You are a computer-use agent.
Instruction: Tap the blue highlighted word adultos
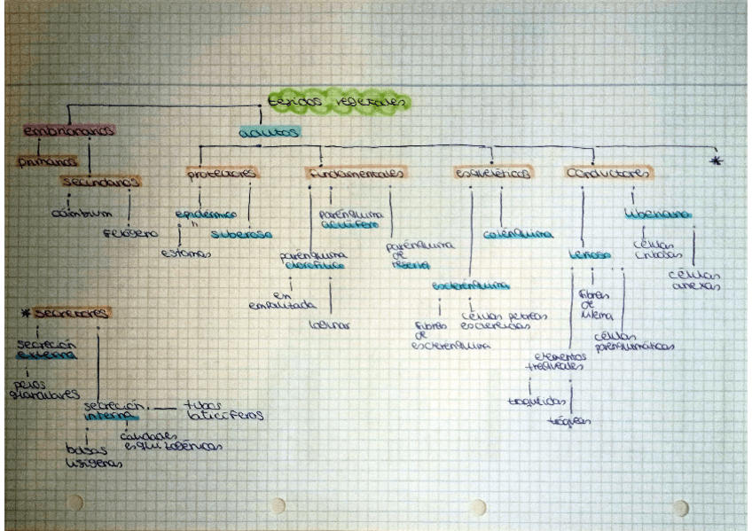click(x=270, y=132)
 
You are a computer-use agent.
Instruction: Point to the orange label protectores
click(x=222, y=173)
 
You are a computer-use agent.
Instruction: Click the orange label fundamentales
click(x=356, y=173)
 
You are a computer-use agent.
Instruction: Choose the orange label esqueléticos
click(x=494, y=174)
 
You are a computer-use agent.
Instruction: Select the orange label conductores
click(x=608, y=173)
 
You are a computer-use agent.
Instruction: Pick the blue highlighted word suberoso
click(x=241, y=235)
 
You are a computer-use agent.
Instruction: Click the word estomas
click(x=185, y=254)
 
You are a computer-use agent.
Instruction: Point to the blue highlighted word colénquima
click(x=519, y=235)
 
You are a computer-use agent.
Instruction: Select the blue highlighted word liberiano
click(x=657, y=215)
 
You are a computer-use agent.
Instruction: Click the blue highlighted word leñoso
click(x=589, y=255)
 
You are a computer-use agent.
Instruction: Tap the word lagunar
click(x=329, y=325)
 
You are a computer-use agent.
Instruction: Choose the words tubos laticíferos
click(x=223, y=410)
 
